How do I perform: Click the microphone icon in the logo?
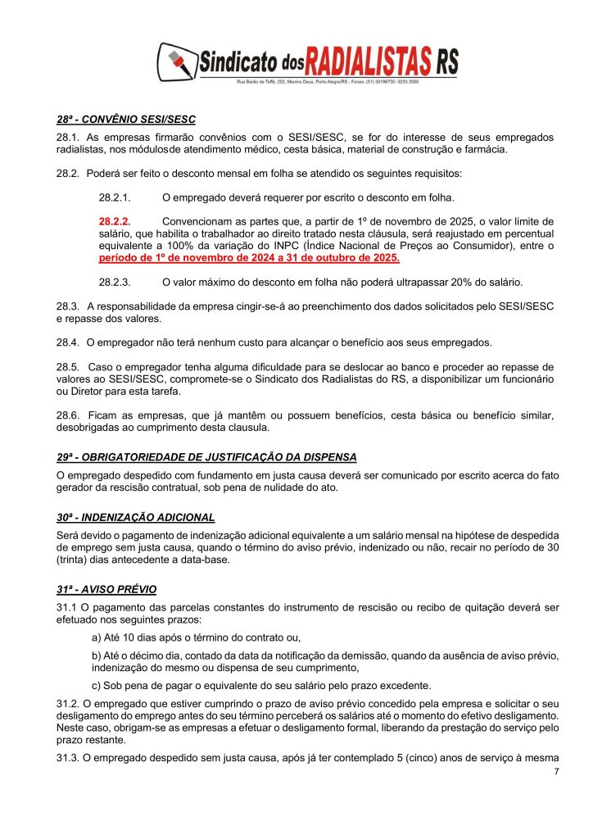[178, 62]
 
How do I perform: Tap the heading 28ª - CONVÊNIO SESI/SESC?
[126, 120]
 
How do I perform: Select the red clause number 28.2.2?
[115, 221]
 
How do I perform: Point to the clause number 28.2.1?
[115, 197]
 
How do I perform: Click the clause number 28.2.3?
[115, 282]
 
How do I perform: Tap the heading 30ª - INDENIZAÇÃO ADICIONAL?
[136, 517]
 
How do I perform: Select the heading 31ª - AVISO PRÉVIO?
[106, 589]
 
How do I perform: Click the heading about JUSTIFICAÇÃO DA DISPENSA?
[206, 456]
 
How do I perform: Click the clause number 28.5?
[68, 366]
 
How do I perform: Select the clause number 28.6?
[68, 414]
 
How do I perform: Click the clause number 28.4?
[68, 342]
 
